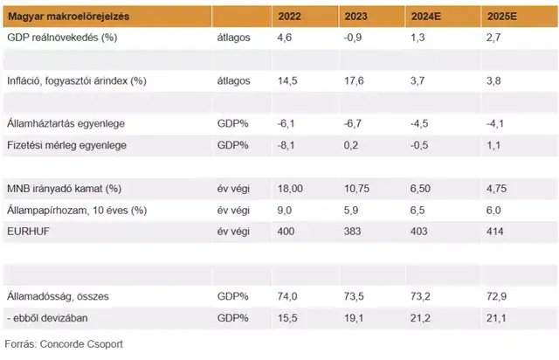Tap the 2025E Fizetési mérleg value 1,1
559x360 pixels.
pos(483,144)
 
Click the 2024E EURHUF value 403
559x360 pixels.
pos(419,231)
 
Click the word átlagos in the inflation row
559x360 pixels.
pos(234,80)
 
